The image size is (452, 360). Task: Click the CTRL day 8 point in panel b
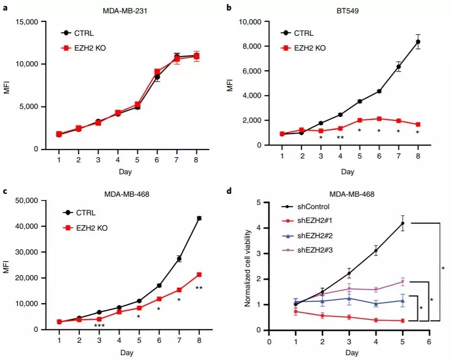[418, 42]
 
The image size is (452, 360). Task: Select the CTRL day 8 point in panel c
[199, 218]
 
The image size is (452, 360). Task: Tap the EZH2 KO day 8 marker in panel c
[199, 275]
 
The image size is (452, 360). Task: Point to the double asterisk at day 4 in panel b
[340, 138]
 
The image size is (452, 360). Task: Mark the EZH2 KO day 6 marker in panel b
[378, 119]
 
